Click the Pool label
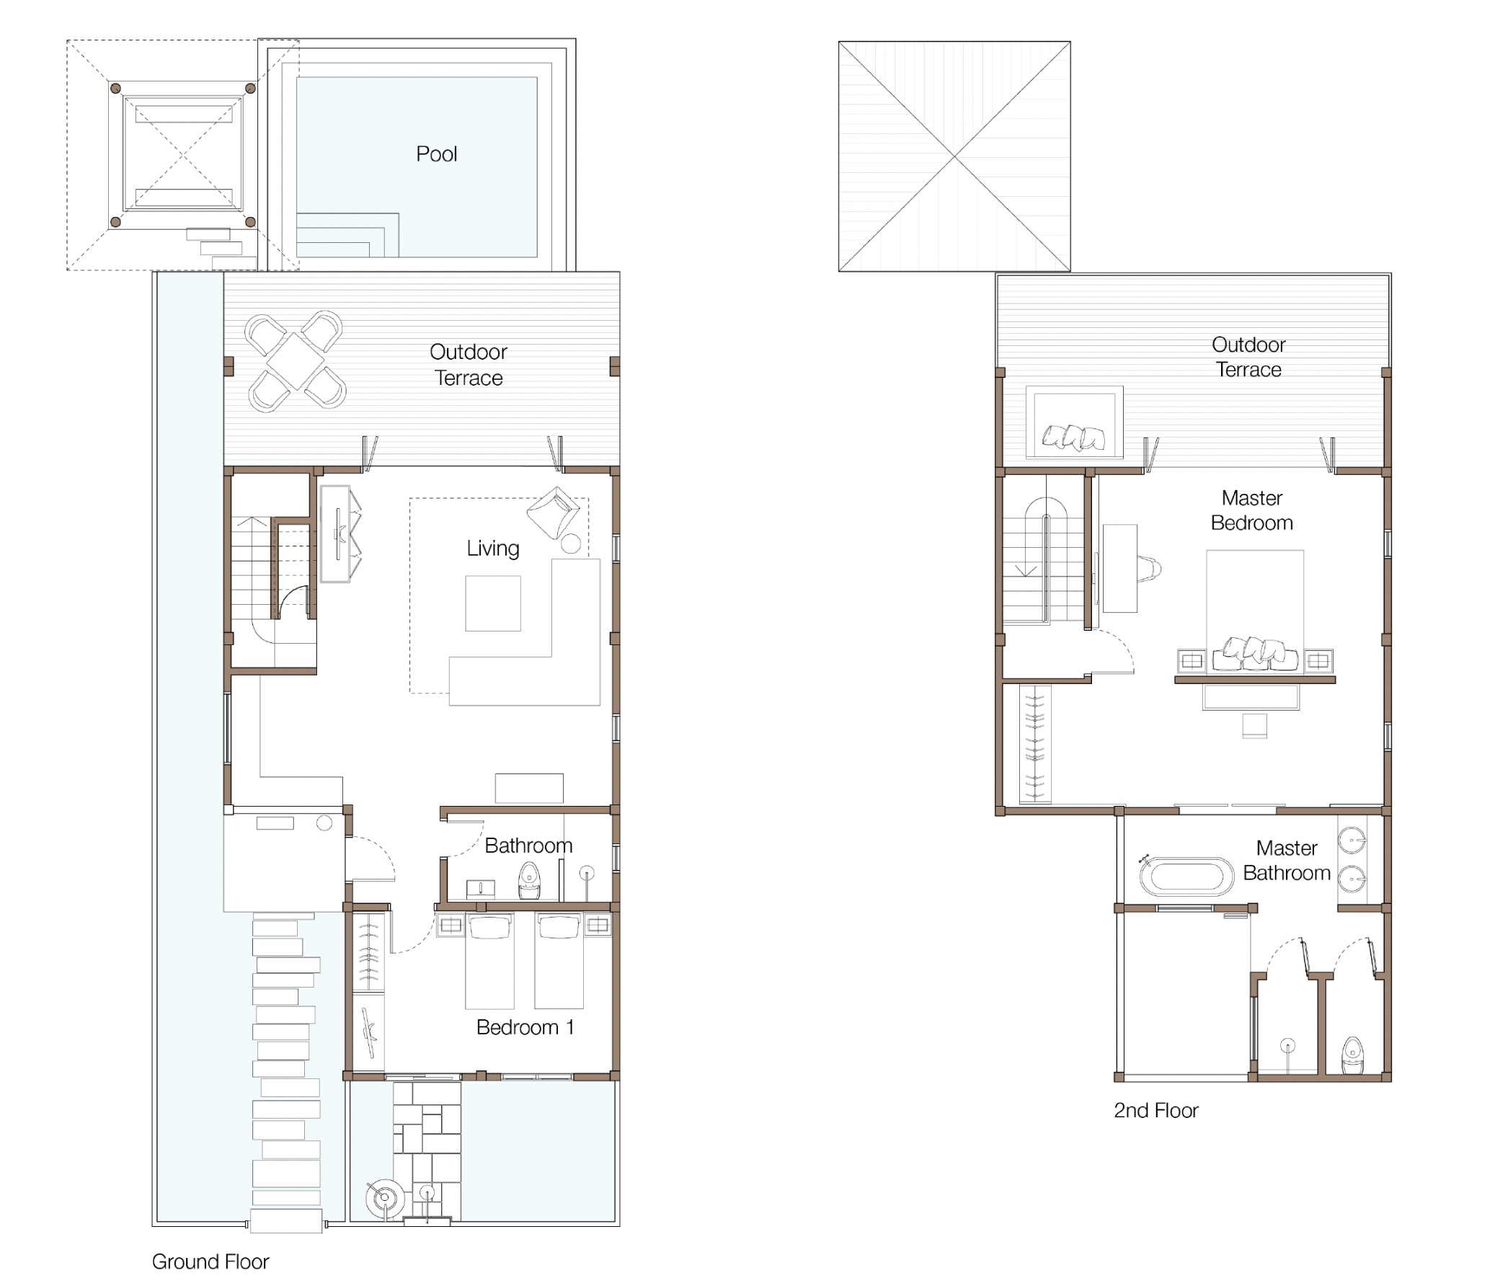coord(437,154)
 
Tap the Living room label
coord(493,549)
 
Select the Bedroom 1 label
coord(525,1027)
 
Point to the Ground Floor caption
coord(210,1262)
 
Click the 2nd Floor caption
coord(1156,1111)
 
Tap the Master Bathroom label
coord(1287,861)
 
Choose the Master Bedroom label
coord(1253,510)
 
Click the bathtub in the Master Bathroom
coord(1186,877)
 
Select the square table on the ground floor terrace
coord(296,360)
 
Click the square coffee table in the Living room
coord(493,603)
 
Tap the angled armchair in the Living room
coord(554,512)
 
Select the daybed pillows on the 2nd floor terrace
coord(1073,438)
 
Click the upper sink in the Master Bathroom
coord(1352,841)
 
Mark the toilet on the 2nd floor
coord(1352,1057)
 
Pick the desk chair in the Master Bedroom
coord(1150,569)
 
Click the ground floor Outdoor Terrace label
coord(469,365)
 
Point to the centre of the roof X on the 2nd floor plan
coord(955,156)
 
